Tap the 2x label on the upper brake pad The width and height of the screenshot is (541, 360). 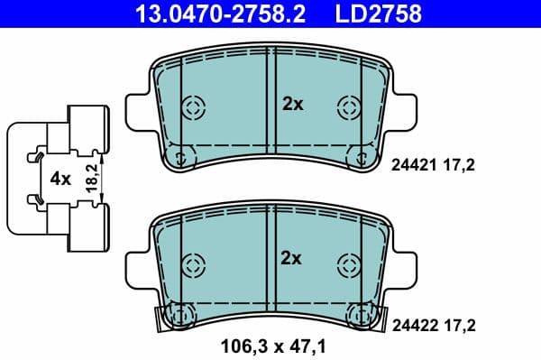coord(293,105)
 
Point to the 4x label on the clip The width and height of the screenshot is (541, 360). coord(60,179)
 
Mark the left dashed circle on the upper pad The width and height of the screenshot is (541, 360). coord(193,107)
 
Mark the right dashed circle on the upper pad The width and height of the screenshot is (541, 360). coord(348,107)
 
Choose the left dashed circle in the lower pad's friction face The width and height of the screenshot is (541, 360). coord(193,264)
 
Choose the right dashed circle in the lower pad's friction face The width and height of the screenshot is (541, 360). coord(348,264)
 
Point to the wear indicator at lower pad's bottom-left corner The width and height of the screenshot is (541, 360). coord(178,317)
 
